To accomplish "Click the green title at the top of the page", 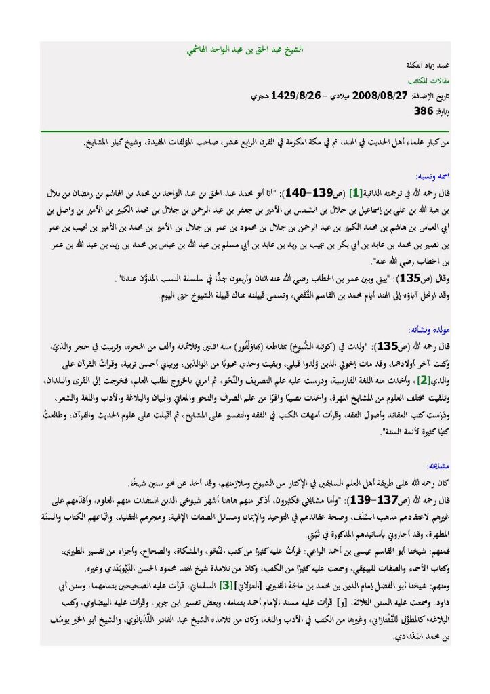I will click(245, 51).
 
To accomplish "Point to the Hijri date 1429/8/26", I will click(295, 96).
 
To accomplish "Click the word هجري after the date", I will click(259, 96).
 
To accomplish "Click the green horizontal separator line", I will click(245, 131).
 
